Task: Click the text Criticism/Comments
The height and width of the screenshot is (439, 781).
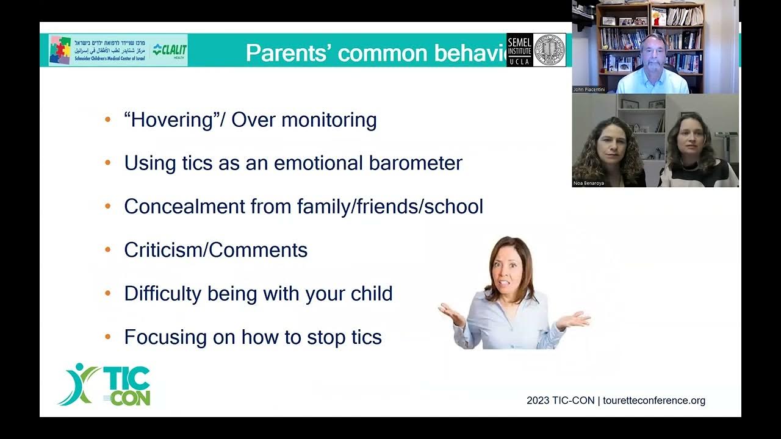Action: [x=215, y=250]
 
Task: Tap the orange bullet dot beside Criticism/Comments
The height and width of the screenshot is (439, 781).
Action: [x=108, y=250]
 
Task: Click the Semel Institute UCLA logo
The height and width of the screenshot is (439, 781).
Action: [x=519, y=50]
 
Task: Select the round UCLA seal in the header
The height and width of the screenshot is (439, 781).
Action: [x=549, y=50]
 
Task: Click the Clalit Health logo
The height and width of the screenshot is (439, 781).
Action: [x=169, y=50]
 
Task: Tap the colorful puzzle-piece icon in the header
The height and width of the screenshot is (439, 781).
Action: [x=60, y=50]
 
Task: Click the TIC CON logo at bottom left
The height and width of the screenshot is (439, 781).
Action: [x=105, y=385]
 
